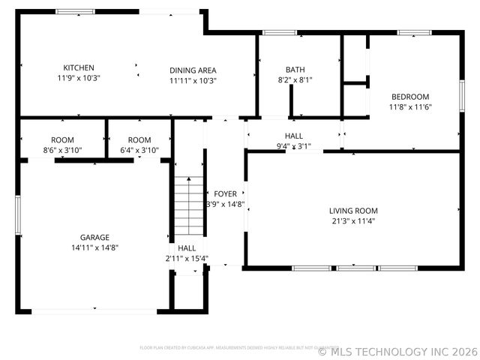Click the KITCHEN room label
tap(79, 67)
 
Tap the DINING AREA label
tap(193, 70)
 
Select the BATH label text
tap(295, 70)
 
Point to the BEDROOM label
tap(410, 97)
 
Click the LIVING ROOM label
tap(353, 211)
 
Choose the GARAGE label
tap(95, 237)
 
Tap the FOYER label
tap(225, 194)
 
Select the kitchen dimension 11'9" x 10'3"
tap(79, 78)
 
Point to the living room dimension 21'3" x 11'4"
tap(353, 221)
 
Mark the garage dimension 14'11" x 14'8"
tap(95, 247)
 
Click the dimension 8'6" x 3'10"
tap(62, 150)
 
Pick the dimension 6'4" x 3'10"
tap(139, 150)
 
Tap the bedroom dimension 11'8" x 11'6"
tap(410, 106)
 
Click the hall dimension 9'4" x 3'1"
tap(293, 146)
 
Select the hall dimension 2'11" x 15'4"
tap(187, 259)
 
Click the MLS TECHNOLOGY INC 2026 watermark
tap(397, 351)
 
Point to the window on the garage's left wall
tap(17, 214)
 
